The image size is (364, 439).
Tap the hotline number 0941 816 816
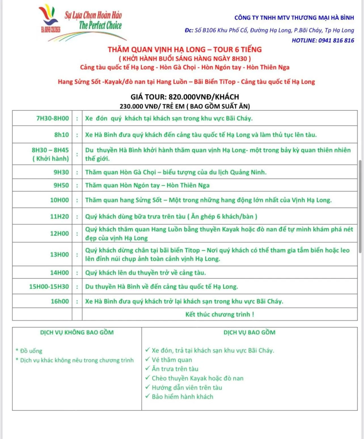(336, 40)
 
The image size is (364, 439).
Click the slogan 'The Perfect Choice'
(100, 26)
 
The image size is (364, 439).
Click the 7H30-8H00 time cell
(52, 118)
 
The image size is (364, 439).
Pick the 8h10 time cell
(62, 135)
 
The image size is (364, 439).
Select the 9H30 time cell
(61, 172)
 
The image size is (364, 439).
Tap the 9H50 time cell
(61, 185)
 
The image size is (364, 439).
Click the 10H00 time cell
(60, 200)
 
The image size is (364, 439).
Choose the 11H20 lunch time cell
(60, 217)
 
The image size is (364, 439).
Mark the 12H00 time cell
(60, 234)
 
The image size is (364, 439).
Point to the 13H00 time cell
(60, 255)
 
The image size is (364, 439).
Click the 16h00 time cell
(60, 301)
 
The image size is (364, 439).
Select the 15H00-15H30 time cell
(49, 287)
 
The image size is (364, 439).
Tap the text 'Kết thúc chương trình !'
(220, 314)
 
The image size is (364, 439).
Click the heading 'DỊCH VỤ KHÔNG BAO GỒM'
(77, 333)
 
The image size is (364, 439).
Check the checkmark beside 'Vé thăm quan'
(147, 359)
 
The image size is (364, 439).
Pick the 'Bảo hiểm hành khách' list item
(182, 397)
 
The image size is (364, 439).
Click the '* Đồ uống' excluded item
(29, 351)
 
